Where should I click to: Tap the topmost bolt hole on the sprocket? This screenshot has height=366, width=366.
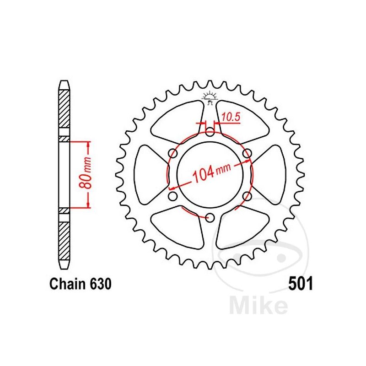click(x=210, y=133)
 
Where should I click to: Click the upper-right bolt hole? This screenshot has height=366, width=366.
click(x=247, y=154)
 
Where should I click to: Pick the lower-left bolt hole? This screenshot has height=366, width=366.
click(x=173, y=196)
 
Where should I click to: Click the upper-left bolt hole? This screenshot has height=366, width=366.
click(x=173, y=154)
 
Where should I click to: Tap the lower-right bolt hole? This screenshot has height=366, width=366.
click(x=247, y=196)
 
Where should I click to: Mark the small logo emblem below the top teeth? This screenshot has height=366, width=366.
click(x=210, y=97)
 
